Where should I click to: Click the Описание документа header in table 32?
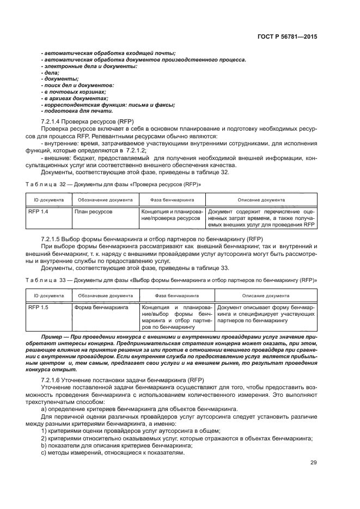pyautogui.click(x=261, y=200)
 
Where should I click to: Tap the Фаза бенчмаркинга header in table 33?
pyautogui.click(x=177, y=296)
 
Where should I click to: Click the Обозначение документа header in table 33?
pyautogui.click(x=105, y=296)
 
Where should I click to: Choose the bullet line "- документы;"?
pyautogui.click(x=60, y=78)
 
